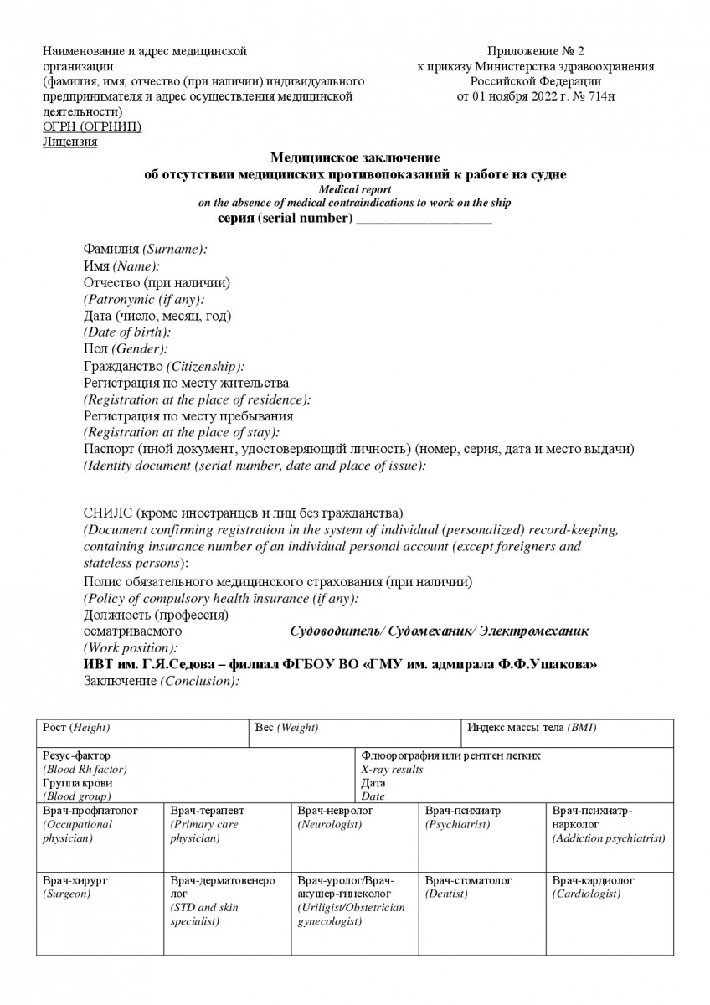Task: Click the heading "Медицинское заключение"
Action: [x=355, y=158]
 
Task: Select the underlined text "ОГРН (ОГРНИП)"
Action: [x=92, y=126]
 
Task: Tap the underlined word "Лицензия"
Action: [x=69, y=142]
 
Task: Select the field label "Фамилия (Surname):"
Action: [x=146, y=250]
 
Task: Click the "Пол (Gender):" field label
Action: [x=126, y=348]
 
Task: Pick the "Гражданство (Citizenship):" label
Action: [x=165, y=366]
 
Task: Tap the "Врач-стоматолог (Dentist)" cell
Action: [x=481, y=911]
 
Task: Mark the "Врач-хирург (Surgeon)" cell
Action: [x=100, y=911]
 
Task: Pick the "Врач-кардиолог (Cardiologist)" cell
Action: [x=610, y=911]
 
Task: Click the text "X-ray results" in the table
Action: [x=392, y=770]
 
